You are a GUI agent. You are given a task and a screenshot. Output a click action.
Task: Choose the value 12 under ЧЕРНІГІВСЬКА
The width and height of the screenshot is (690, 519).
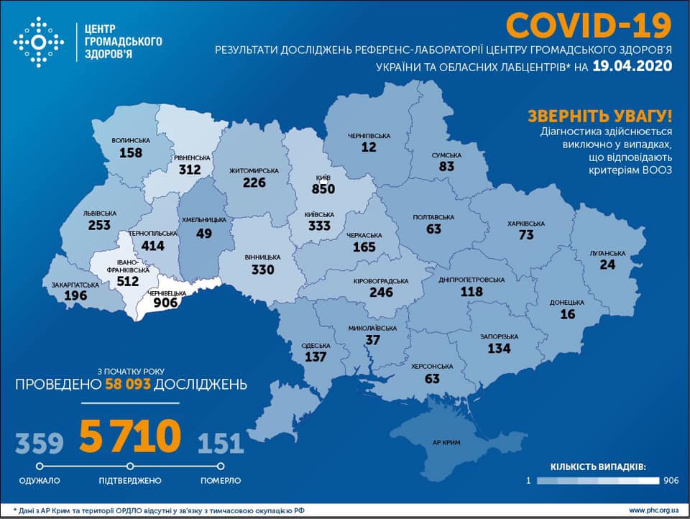pyautogui.click(x=369, y=147)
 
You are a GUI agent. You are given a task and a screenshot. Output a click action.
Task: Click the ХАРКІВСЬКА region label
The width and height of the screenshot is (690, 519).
pyautogui.click(x=526, y=224)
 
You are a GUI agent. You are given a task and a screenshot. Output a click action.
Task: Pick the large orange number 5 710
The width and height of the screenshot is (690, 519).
pyautogui.click(x=130, y=436)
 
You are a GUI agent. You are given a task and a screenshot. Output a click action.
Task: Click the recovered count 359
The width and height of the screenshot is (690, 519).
pyautogui.click(x=40, y=443)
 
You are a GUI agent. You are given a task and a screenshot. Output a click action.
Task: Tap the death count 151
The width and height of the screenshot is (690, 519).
pyautogui.click(x=220, y=443)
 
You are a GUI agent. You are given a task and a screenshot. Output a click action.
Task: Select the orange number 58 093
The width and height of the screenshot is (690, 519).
pyautogui.click(x=128, y=384)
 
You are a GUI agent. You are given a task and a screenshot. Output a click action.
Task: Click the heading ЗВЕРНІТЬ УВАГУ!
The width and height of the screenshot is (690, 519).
pyautogui.click(x=600, y=116)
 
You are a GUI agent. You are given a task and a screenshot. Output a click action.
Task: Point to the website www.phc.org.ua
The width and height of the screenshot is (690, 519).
pyautogui.click(x=654, y=510)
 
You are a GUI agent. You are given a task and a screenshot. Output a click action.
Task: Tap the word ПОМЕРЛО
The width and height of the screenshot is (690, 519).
pyautogui.click(x=221, y=480)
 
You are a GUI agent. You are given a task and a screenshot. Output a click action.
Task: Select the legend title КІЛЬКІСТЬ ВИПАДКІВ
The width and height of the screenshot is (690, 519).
pyautogui.click(x=598, y=467)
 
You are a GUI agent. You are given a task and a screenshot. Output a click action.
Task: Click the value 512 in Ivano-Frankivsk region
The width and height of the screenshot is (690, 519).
pyautogui.click(x=128, y=281)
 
